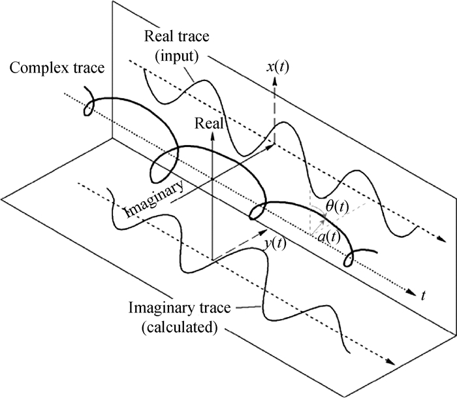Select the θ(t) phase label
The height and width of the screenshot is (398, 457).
337,208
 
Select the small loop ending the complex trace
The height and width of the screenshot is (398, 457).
350,259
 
